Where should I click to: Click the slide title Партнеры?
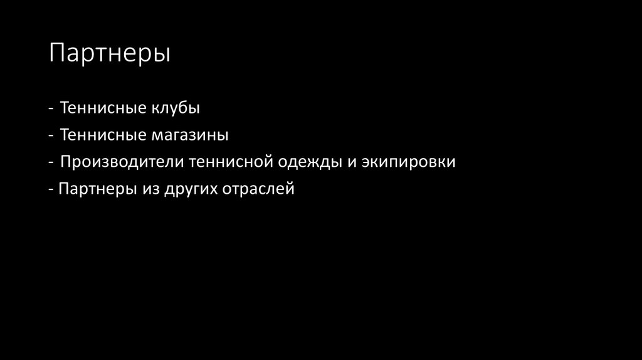(110, 53)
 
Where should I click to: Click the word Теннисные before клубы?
(103, 108)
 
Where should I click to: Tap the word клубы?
(175, 108)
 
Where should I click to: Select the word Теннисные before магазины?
(103, 135)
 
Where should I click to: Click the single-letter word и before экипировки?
(350, 162)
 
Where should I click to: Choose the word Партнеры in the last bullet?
(93, 189)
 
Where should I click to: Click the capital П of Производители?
(66, 162)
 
